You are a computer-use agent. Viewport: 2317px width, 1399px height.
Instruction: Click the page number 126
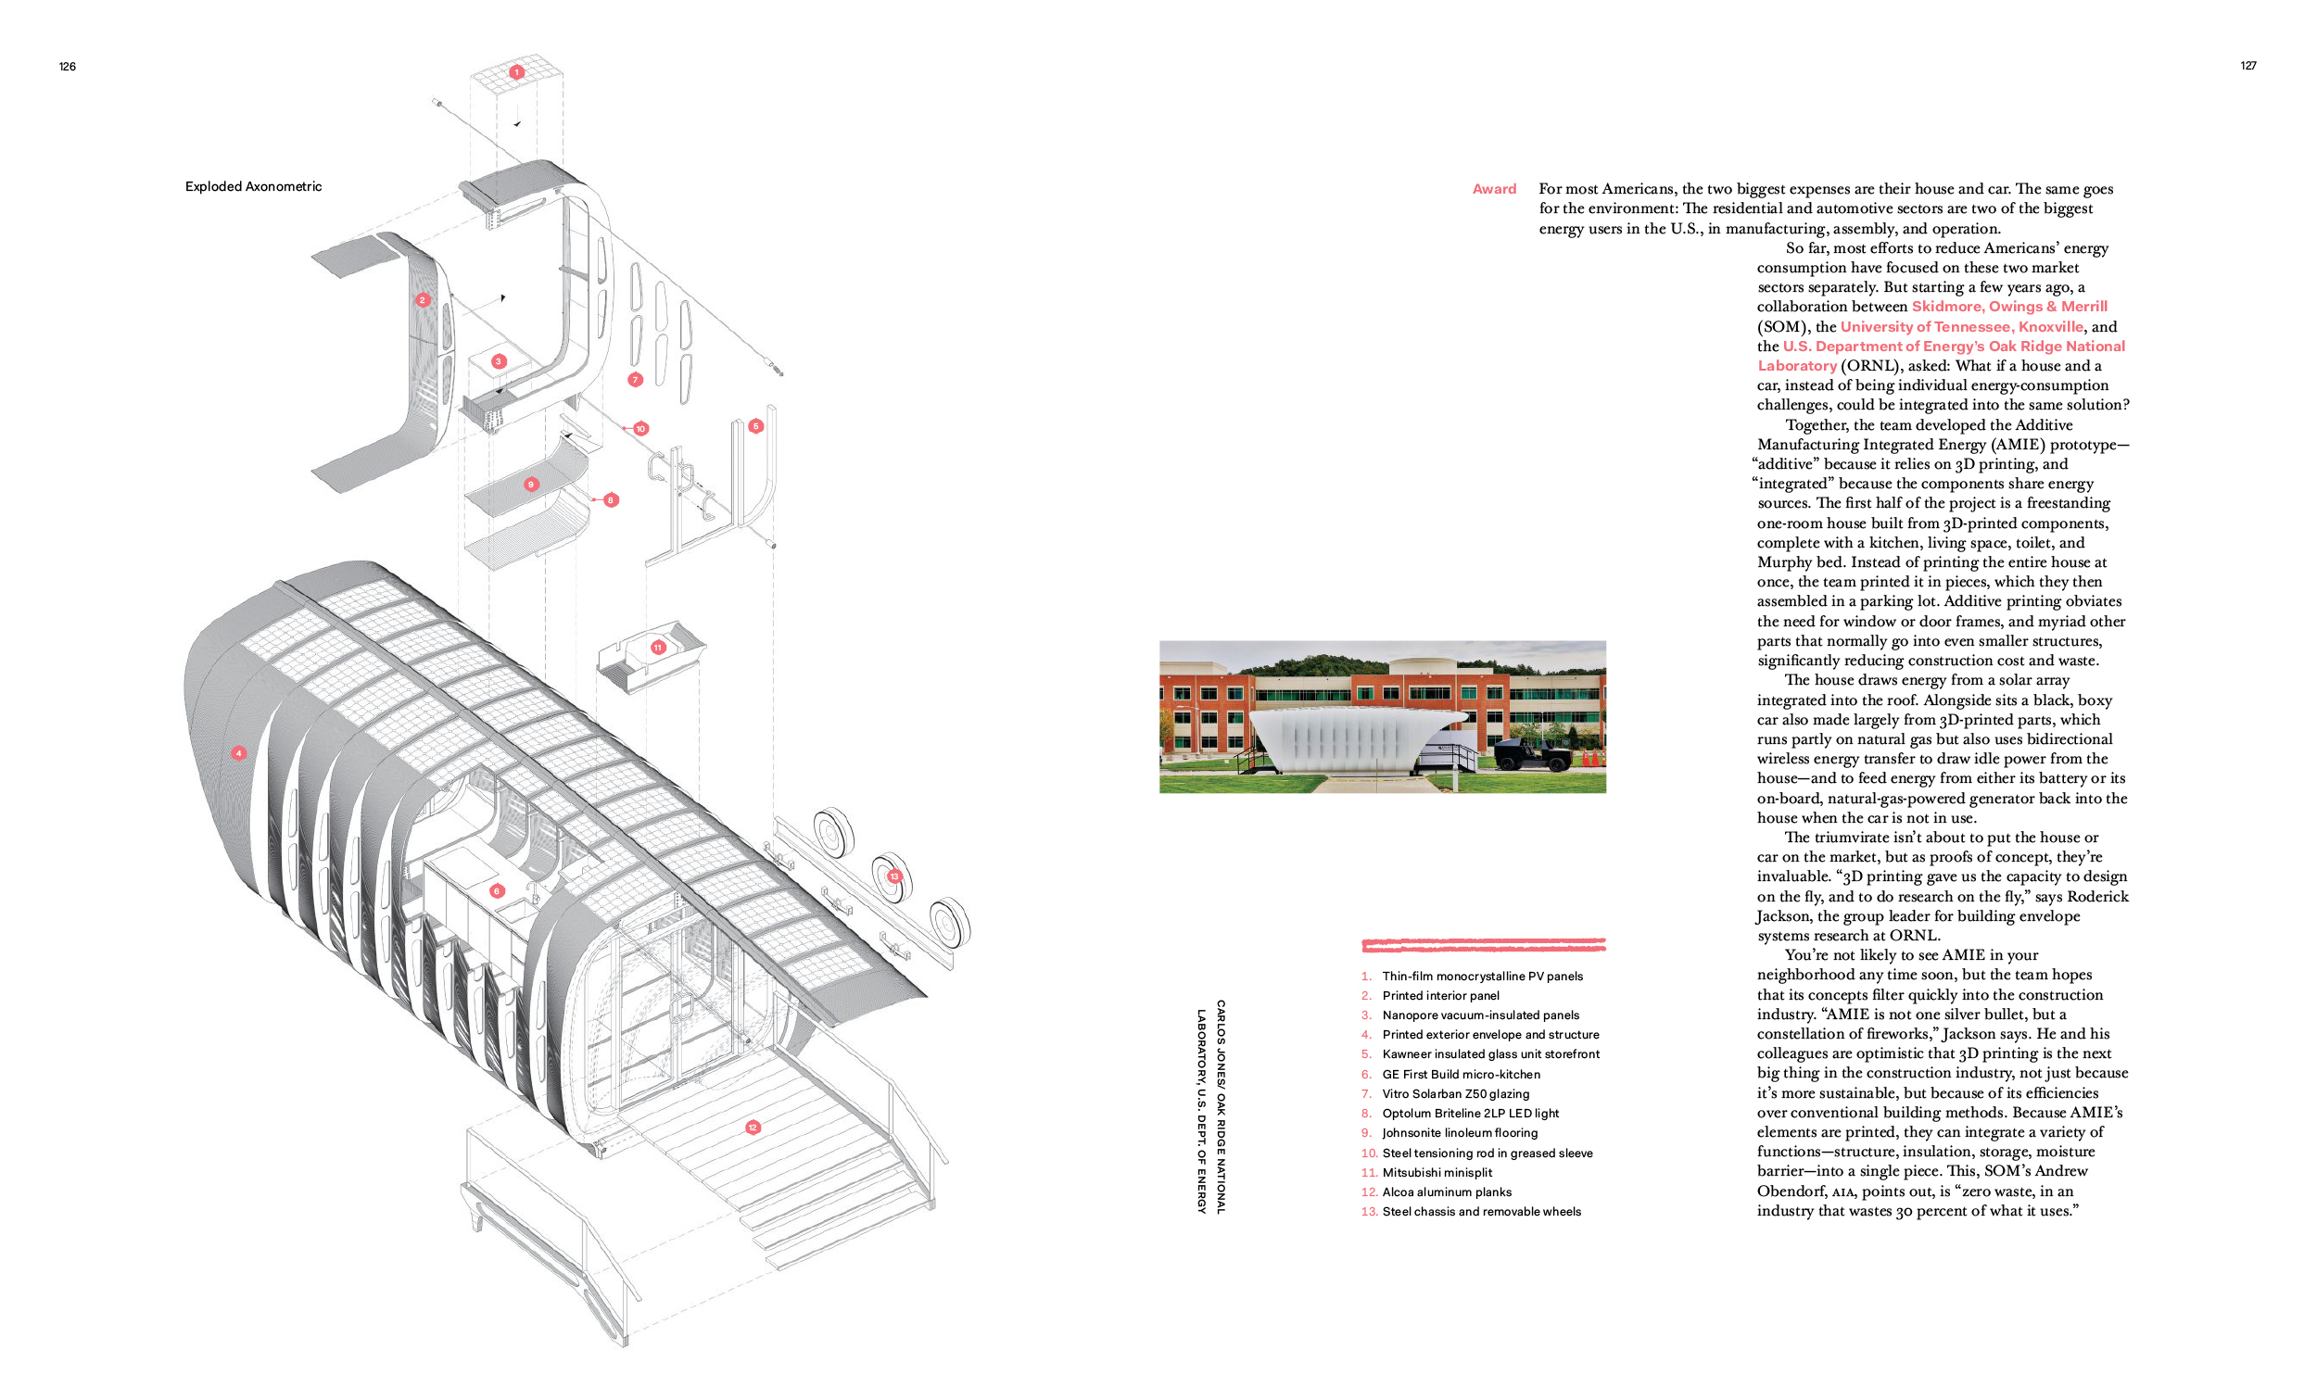pyautogui.click(x=67, y=67)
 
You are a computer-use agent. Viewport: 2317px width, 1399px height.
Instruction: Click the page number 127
pyautogui.click(x=2247, y=66)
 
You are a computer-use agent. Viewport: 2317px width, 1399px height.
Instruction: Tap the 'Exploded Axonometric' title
pyautogui.click(x=253, y=186)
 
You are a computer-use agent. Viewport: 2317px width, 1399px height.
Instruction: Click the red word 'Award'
pyautogui.click(x=1494, y=189)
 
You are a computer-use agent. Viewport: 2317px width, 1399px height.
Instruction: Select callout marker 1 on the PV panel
pyautogui.click(x=516, y=71)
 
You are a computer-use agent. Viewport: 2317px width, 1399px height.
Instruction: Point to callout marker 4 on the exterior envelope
pyautogui.click(x=239, y=753)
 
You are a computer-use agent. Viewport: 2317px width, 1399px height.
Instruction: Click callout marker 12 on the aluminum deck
pyautogui.click(x=753, y=1128)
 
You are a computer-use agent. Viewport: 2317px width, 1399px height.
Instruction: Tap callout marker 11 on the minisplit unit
pyautogui.click(x=658, y=647)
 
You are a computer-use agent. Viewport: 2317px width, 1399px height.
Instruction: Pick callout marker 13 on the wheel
pyautogui.click(x=893, y=876)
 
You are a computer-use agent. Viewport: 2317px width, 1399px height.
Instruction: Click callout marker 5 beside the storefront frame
pyautogui.click(x=755, y=426)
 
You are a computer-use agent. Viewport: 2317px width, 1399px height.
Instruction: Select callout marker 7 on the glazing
pyautogui.click(x=635, y=380)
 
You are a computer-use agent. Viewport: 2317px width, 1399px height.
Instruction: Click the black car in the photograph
pyautogui.click(x=1531, y=753)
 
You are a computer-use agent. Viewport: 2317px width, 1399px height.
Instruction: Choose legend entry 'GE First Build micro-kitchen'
pyautogui.click(x=1462, y=1075)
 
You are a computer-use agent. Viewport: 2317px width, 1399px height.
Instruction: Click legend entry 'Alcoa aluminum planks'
pyautogui.click(x=1447, y=1192)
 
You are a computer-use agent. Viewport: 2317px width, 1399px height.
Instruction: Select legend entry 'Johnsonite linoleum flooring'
pyautogui.click(x=1461, y=1133)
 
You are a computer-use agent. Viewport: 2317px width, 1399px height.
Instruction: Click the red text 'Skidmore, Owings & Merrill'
pyautogui.click(x=2009, y=307)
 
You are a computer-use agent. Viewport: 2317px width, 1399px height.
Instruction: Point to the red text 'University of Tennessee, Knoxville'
pyautogui.click(x=1961, y=326)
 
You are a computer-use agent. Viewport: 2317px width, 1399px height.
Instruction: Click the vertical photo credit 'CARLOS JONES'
pyautogui.click(x=1221, y=1041)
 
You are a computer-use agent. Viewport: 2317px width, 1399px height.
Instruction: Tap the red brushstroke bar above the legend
pyautogui.click(x=1484, y=944)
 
